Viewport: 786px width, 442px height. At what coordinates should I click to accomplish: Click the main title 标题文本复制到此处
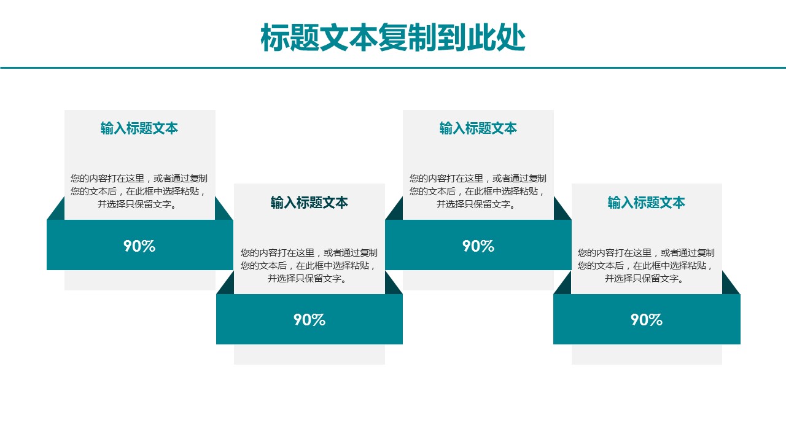coord(392,37)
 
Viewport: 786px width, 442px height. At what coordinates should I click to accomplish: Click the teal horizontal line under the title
coord(393,68)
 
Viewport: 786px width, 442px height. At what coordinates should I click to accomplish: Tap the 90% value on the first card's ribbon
coord(139,246)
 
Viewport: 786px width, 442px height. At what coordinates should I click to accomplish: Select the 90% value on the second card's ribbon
coord(309,320)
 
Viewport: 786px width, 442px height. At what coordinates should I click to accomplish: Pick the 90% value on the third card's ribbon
coord(478,246)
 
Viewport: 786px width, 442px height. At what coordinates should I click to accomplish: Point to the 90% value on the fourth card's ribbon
coord(647,320)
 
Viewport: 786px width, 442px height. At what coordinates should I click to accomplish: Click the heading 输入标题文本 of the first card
coord(139,128)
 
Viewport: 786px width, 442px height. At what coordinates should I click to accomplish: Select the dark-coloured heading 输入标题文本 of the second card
coord(309,203)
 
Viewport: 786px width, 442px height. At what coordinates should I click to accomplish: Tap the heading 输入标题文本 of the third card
coord(478,128)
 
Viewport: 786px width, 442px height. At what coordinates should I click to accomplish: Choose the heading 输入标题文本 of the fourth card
coord(647,203)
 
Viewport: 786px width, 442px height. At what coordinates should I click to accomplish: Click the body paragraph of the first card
coord(139,191)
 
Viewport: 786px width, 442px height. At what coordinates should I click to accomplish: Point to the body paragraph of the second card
coord(309,266)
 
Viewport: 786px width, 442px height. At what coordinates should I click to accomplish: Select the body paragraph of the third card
coord(478,191)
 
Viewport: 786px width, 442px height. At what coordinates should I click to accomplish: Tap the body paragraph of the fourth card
coord(646,266)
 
